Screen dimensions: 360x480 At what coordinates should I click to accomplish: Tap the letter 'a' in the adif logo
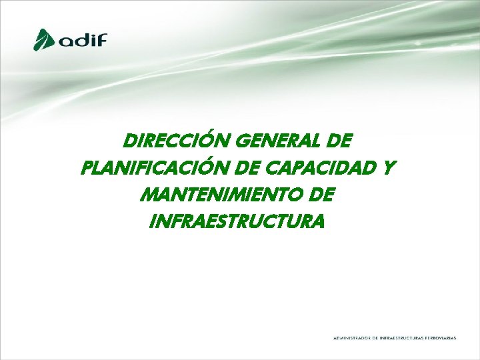pyautogui.click(x=67, y=41)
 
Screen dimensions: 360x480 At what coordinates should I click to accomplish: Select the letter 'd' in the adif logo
pyautogui.click(x=83, y=39)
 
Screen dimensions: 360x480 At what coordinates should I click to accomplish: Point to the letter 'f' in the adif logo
pyautogui.click(x=101, y=39)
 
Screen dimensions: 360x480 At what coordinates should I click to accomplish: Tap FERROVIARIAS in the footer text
pyautogui.click(x=441, y=338)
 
